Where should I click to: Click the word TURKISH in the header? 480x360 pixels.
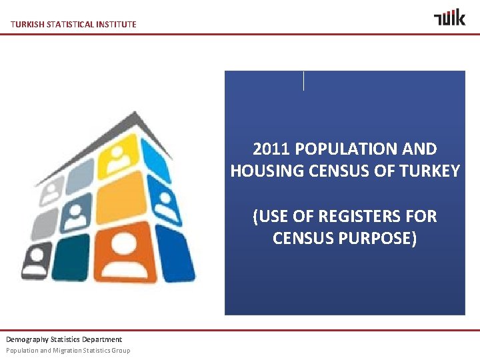pos(26,25)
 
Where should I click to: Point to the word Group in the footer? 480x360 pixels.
pos(121,351)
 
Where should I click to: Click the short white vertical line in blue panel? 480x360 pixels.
pos(303,81)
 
